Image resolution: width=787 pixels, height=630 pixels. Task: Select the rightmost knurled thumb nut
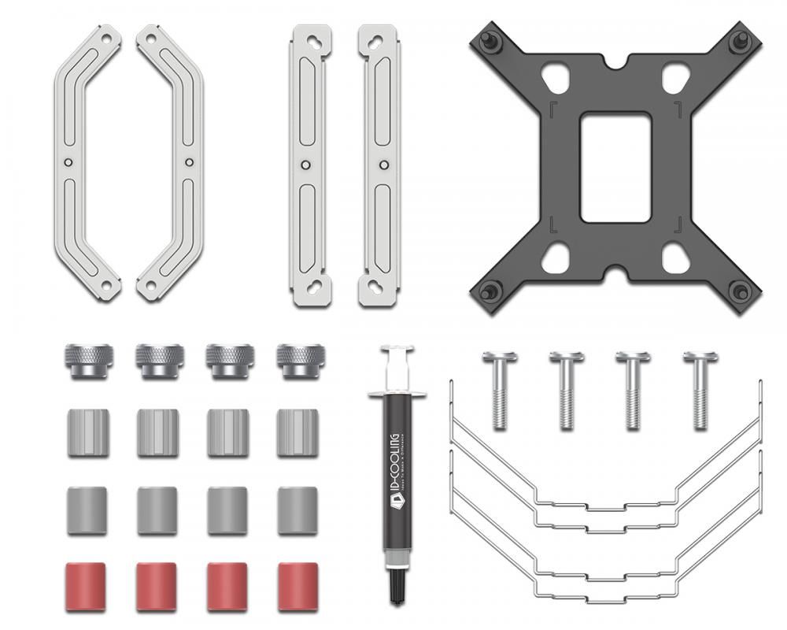tap(300, 361)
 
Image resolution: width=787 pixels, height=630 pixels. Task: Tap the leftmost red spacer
tap(87, 586)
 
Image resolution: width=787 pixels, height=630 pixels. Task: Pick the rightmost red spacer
tap(297, 586)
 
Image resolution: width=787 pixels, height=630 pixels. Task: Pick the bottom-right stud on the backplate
tap(740, 292)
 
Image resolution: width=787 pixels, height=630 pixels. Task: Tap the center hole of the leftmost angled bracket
tap(68, 162)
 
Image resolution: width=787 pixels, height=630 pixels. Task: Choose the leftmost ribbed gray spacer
tap(87, 432)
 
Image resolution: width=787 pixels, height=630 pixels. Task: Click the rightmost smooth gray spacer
tap(297, 510)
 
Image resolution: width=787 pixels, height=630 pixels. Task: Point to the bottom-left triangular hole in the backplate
tap(555, 257)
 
